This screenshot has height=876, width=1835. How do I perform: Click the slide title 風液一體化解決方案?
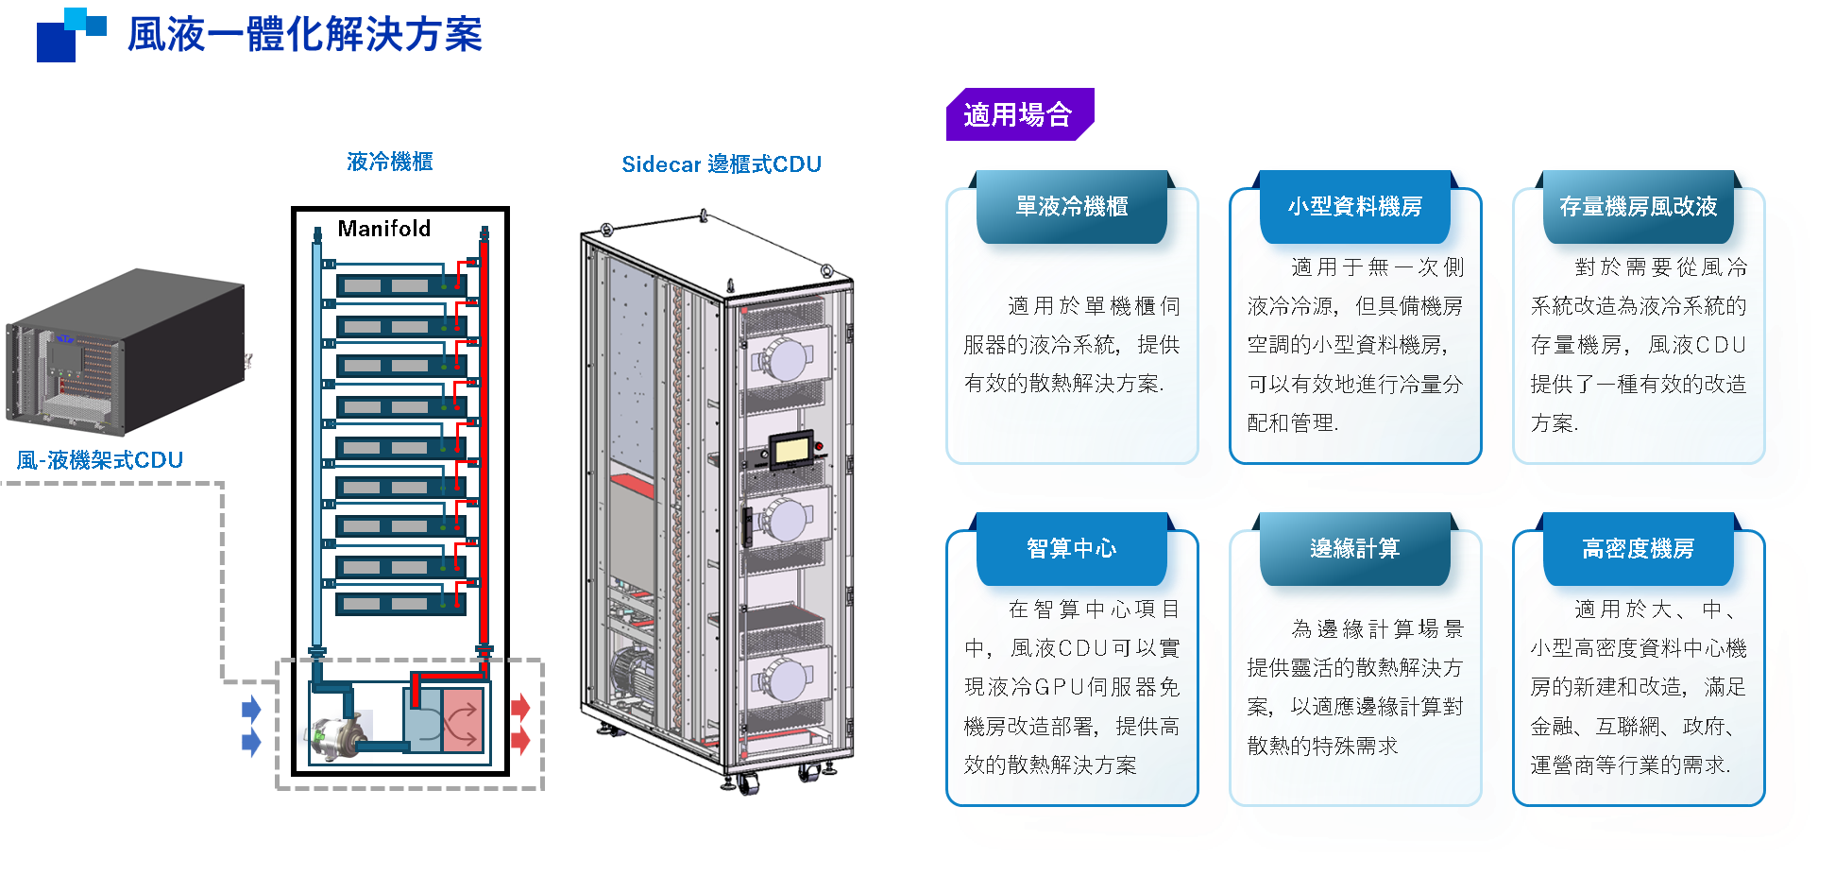pos(304,35)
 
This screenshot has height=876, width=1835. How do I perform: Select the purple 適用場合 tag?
pos(1018,114)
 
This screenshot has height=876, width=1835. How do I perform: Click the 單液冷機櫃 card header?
pos(1072,206)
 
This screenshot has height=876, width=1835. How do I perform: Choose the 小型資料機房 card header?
pos(1355,206)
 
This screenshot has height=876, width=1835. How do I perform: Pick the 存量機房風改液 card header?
pos(1639,206)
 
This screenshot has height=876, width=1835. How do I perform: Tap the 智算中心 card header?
pos(1072,548)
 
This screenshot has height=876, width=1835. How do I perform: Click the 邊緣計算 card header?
pos(1355,548)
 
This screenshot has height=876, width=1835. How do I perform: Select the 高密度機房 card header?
pos(1639,548)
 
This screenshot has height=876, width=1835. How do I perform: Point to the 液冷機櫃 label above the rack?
pos(389,162)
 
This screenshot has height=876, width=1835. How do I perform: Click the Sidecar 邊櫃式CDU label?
pos(722,164)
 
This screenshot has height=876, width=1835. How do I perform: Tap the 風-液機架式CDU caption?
pos(100,460)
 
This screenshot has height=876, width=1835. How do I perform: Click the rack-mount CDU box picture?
pos(127,352)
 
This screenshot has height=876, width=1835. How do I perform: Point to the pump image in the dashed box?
pos(335,736)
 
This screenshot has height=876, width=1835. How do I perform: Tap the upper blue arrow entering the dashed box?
pos(251,709)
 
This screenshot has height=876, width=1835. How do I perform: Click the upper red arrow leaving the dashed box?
pos(520,707)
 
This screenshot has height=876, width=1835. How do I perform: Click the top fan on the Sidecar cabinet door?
pos(783,358)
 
